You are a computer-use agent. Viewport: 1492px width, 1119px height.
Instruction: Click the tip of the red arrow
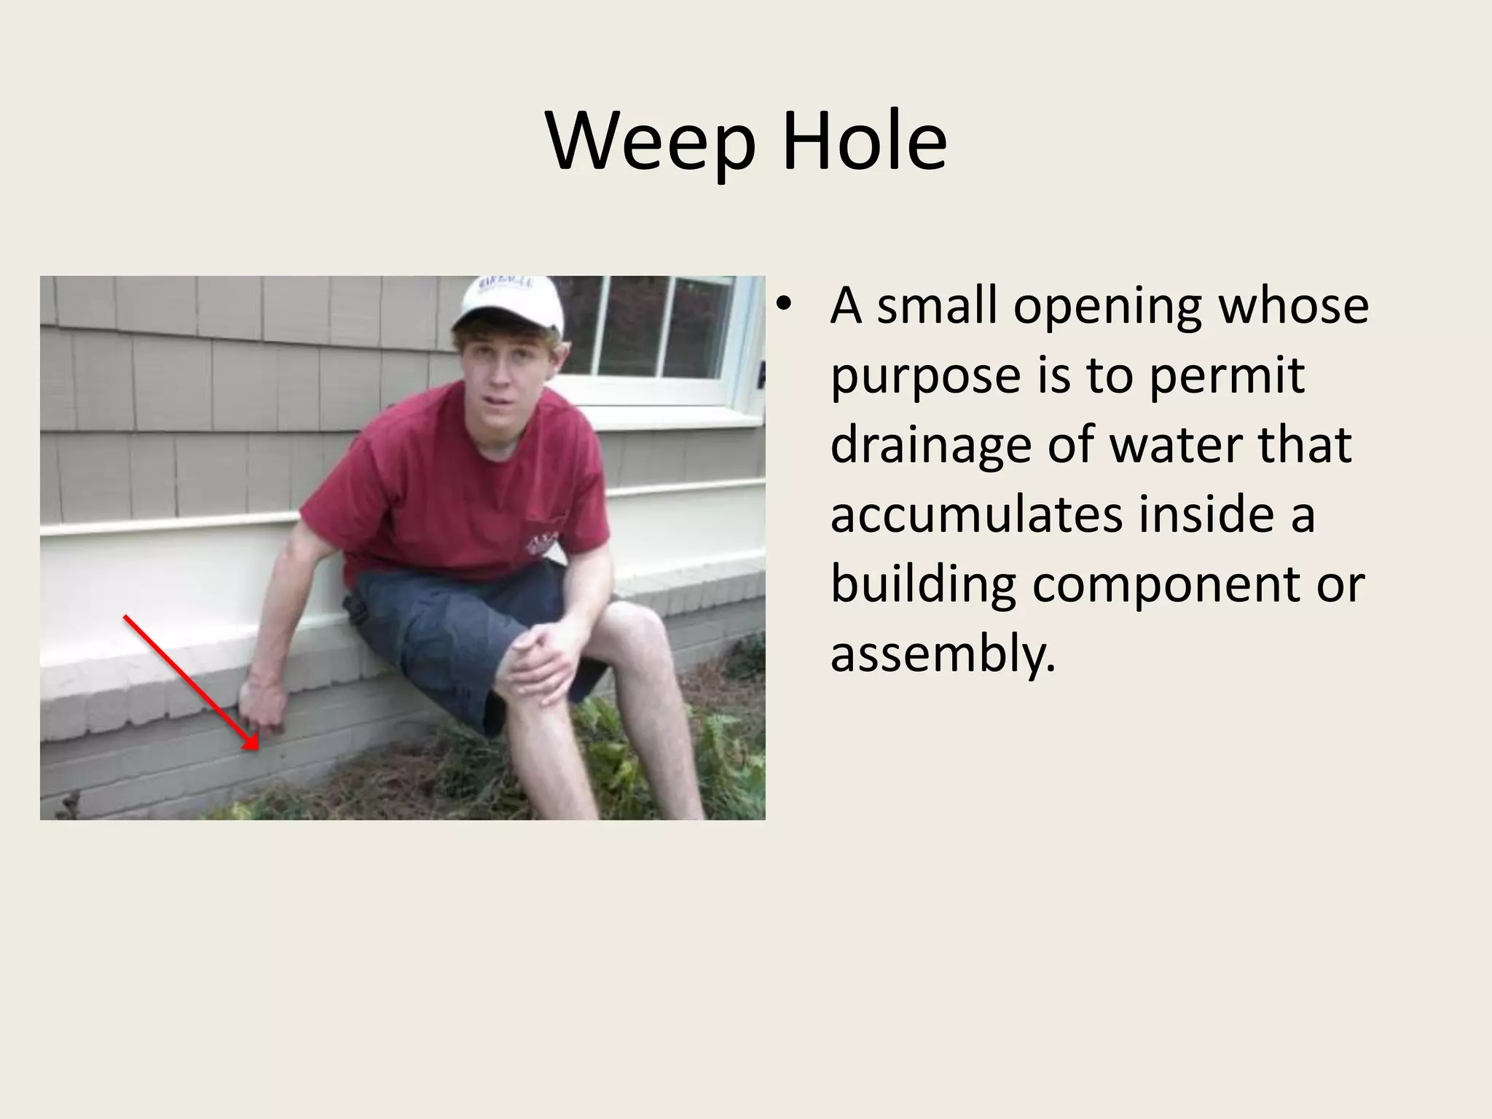click(x=257, y=748)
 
